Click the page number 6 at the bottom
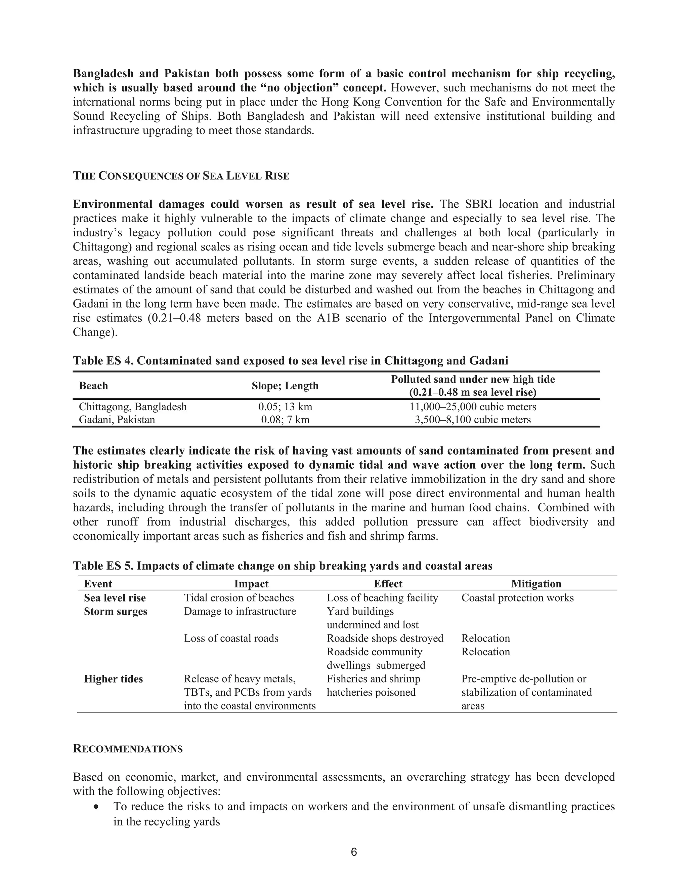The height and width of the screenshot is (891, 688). (x=353, y=852)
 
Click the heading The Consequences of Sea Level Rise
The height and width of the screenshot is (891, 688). (x=181, y=176)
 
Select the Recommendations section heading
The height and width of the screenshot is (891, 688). (x=128, y=749)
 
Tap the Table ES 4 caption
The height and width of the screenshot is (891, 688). (x=290, y=361)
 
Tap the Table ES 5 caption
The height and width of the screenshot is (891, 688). (x=283, y=566)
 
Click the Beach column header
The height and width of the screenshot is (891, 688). (x=93, y=386)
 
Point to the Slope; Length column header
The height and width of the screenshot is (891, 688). (x=285, y=386)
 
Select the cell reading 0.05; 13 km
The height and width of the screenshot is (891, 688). (x=285, y=407)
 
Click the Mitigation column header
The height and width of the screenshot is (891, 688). (x=536, y=584)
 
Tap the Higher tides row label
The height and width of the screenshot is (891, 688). (x=113, y=679)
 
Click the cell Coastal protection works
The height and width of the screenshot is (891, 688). (x=517, y=598)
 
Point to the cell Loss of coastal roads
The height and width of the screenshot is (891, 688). (x=231, y=638)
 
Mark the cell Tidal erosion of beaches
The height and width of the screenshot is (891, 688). (x=239, y=598)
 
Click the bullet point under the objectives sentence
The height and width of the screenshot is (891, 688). (x=96, y=807)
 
